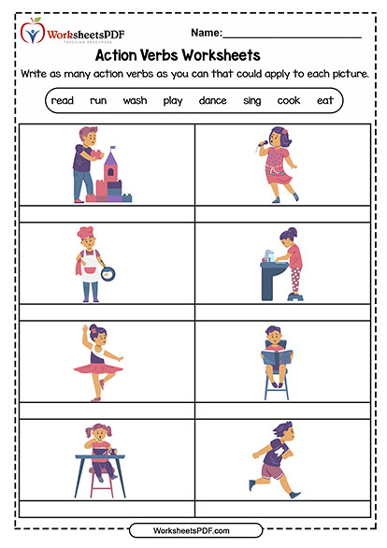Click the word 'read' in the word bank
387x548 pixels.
[63, 101]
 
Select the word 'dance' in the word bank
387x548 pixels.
[212, 101]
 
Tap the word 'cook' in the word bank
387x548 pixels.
[289, 101]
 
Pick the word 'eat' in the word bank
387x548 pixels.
[325, 101]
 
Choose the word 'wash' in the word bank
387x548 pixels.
[135, 101]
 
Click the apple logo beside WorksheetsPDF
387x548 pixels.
[33, 31]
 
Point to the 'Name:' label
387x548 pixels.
[207, 33]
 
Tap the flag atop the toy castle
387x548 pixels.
[112, 149]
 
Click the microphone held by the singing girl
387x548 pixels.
[262, 144]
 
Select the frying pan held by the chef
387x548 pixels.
[107, 274]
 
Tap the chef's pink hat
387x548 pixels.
[85, 232]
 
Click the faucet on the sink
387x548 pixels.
[268, 254]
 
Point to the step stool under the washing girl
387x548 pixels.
[295, 296]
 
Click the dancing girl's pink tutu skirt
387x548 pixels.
[98, 368]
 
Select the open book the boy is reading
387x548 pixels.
[277, 357]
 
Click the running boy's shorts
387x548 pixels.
[272, 471]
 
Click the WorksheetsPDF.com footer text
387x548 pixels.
[192, 531]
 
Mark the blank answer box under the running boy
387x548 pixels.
[283, 509]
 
